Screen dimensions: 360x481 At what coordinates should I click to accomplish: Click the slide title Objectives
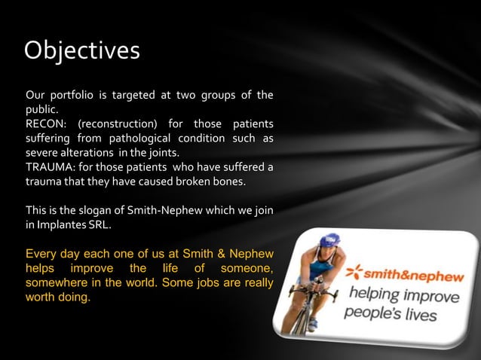click(81, 50)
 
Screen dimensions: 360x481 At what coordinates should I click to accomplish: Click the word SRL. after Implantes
click(106, 224)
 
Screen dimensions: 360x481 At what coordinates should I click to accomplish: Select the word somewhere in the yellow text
click(59, 283)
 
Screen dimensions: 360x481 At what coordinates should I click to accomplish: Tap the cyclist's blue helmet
click(329, 240)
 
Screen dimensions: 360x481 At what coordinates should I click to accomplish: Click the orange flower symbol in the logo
click(354, 269)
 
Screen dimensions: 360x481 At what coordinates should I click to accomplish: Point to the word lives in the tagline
click(419, 313)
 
